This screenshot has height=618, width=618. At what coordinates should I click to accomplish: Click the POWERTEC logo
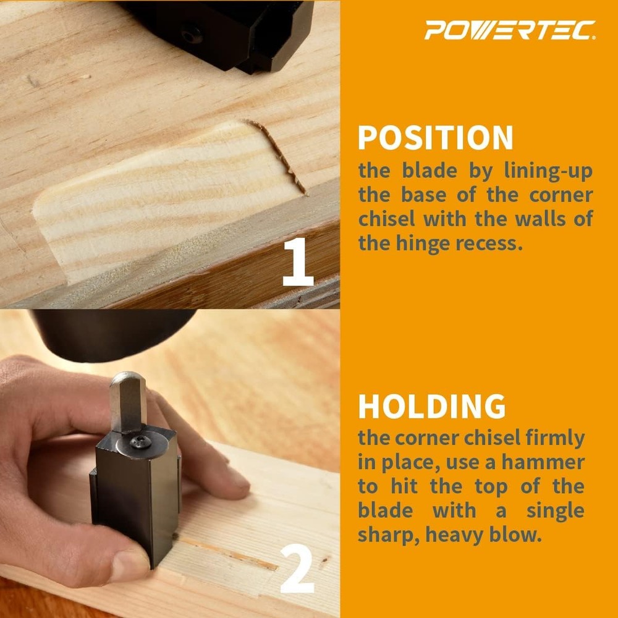tap(510, 30)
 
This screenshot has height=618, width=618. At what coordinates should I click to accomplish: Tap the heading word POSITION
tap(436, 138)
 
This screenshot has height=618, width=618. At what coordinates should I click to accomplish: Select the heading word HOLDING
tap(432, 406)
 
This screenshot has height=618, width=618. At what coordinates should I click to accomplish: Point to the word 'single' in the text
tap(555, 510)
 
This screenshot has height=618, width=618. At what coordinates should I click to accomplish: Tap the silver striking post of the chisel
tap(127, 402)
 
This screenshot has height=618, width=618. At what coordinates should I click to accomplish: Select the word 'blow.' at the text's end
tap(520, 534)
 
